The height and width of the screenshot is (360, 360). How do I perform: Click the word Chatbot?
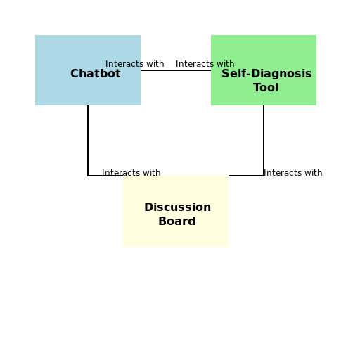click(96, 74)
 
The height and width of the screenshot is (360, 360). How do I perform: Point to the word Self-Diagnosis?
click(266, 74)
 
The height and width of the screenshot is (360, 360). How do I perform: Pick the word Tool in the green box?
click(266, 88)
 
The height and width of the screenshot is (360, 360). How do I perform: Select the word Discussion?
click(177, 207)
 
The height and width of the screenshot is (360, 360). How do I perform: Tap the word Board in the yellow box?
click(176, 221)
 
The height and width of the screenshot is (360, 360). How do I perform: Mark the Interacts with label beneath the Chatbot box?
click(131, 173)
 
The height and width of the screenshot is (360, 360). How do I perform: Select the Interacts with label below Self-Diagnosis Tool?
click(292, 173)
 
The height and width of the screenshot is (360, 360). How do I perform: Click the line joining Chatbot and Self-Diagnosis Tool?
click(176, 70)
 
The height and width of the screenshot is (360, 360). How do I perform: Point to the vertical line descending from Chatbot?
click(88, 141)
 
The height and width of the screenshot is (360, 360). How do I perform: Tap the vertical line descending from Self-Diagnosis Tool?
click(264, 141)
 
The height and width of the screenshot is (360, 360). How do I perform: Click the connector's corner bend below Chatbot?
click(88, 176)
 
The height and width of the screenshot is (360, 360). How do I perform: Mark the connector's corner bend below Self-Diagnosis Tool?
click(264, 176)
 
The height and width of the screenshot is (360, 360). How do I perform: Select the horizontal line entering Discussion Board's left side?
click(105, 176)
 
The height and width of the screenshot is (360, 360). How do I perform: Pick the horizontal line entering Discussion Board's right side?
click(246, 176)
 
